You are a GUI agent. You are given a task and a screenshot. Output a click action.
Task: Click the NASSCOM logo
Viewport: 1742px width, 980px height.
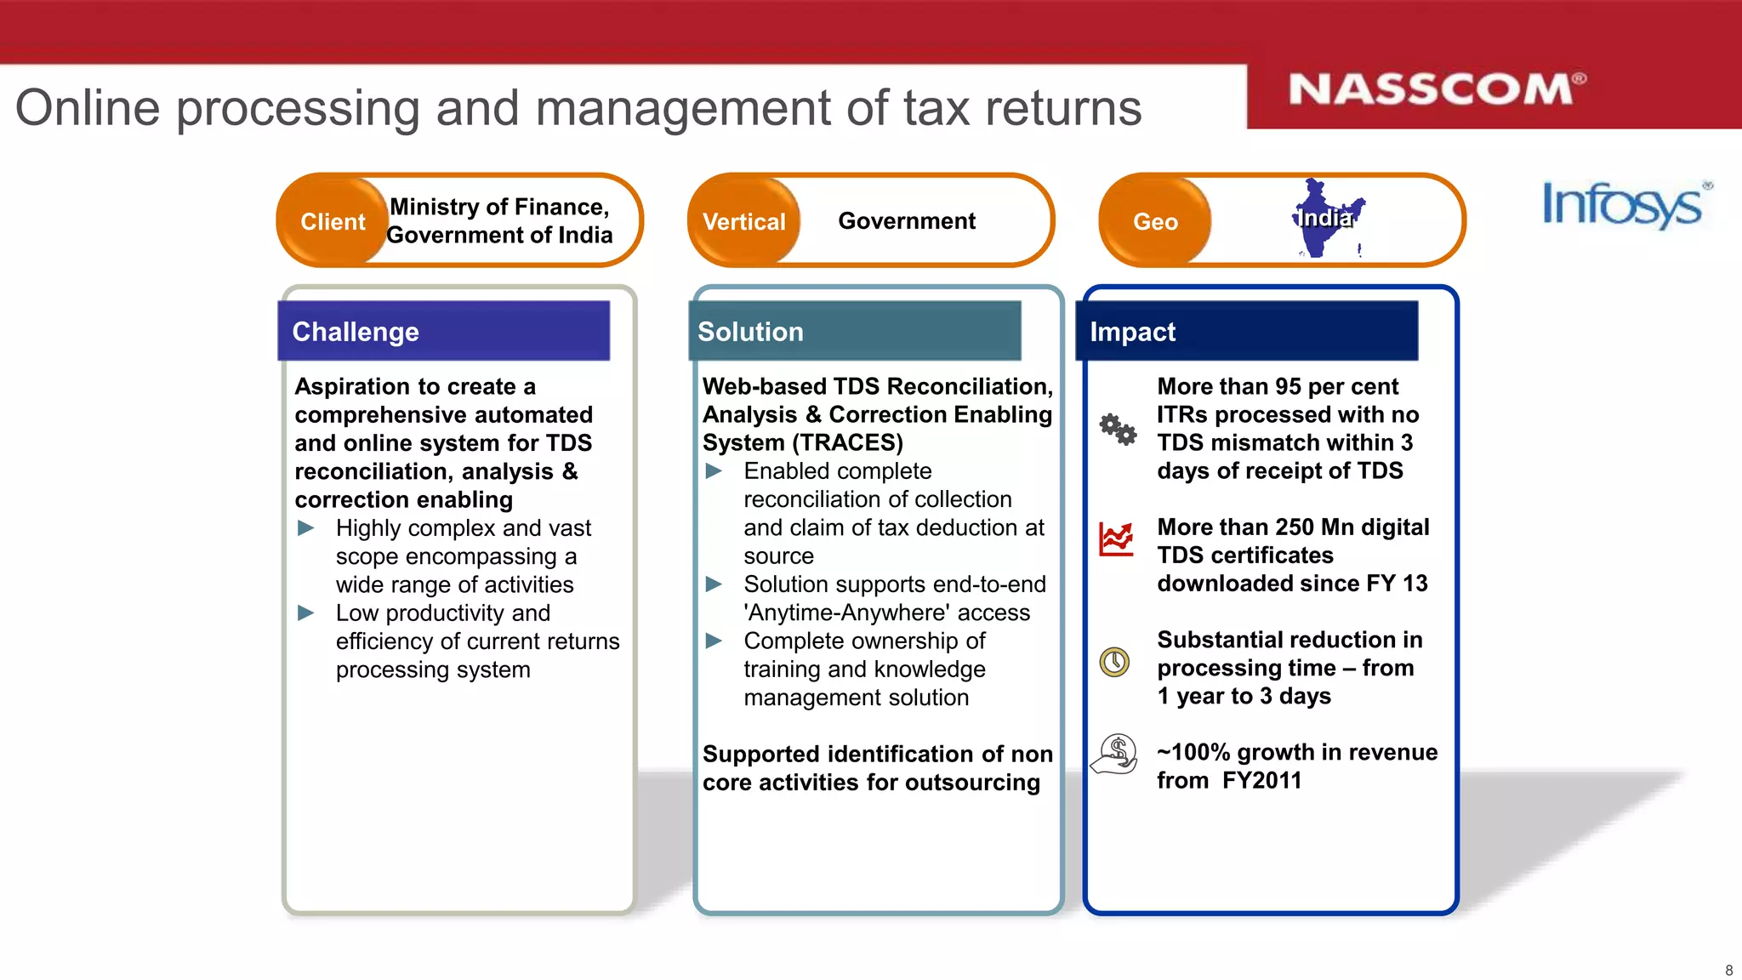1437,89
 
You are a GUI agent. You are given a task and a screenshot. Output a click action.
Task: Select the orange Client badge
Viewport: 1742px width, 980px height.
333,221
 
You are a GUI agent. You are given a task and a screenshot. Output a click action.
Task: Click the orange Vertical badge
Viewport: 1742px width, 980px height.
743,221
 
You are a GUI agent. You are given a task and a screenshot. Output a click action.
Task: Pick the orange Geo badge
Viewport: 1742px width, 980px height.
1154,221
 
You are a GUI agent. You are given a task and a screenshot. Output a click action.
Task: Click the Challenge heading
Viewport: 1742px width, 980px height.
356,332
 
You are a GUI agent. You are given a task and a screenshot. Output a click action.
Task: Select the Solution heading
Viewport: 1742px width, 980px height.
750,332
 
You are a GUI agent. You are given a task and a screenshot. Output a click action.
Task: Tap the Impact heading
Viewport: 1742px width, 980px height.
1132,332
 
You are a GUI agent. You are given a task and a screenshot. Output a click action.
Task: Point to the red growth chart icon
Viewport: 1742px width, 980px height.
1116,539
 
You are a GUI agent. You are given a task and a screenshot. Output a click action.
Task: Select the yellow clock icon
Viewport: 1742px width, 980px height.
1114,662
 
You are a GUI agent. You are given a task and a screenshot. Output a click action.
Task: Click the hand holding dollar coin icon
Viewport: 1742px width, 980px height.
1115,754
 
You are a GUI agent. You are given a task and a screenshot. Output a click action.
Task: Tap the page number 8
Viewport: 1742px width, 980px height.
1728,970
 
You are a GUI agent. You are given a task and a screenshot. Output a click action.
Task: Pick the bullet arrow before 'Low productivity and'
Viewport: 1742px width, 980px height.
306,612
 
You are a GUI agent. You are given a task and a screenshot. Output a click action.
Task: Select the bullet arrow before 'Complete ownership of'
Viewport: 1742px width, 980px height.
714,641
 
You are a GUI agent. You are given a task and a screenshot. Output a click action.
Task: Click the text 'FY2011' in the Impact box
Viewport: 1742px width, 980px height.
1261,780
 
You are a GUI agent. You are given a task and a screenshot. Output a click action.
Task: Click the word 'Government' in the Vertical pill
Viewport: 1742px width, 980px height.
907,221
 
